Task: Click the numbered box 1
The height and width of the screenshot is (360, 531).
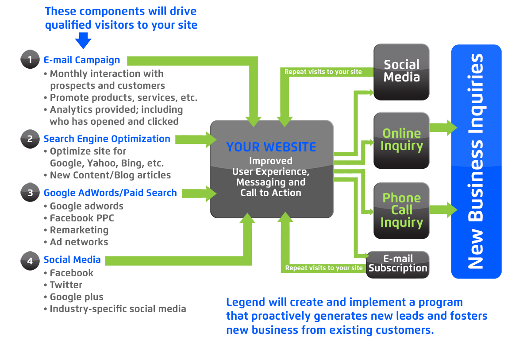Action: (x=30, y=60)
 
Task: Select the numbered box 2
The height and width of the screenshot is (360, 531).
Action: (x=30, y=139)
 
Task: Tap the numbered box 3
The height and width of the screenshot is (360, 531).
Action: (x=30, y=193)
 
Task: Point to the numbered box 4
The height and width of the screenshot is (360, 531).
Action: (x=30, y=261)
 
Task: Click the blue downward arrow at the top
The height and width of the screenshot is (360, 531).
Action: (x=83, y=41)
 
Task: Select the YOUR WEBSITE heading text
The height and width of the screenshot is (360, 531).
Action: (x=271, y=147)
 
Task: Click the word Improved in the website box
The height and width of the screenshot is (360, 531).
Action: (x=270, y=161)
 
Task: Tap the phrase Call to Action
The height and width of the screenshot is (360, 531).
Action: (x=270, y=193)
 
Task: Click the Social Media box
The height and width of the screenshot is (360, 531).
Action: (x=401, y=71)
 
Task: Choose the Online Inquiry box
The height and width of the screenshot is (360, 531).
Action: (x=401, y=140)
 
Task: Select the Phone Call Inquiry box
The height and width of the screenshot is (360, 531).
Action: (x=401, y=210)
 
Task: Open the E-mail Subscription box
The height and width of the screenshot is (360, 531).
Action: (x=398, y=264)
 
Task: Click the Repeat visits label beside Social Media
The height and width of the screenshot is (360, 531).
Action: (x=323, y=72)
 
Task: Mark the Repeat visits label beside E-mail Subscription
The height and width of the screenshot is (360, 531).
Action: (x=323, y=268)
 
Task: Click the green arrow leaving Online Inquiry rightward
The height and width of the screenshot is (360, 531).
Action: (x=442, y=128)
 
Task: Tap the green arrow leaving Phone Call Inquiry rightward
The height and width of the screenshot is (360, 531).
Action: (x=442, y=210)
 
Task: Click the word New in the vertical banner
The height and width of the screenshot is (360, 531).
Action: (x=476, y=252)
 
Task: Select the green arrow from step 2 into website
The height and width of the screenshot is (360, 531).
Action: (x=195, y=139)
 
